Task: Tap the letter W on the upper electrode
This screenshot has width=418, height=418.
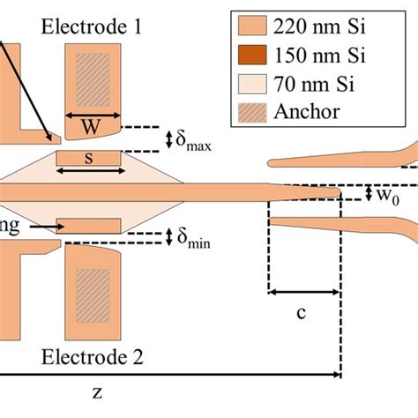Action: [x=91, y=128]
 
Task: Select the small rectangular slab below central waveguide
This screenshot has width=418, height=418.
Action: [x=88, y=225]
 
